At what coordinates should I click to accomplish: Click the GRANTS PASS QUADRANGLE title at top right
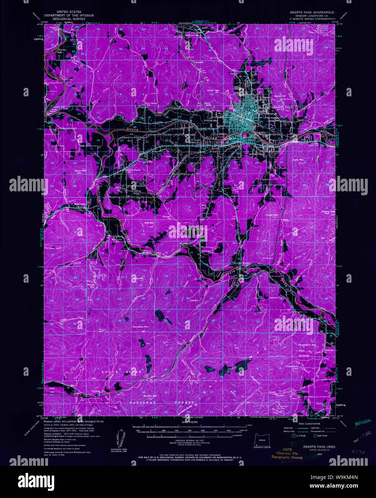click(312, 12)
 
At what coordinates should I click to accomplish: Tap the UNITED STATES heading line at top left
click(69, 12)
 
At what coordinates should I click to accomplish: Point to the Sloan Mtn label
click(81, 171)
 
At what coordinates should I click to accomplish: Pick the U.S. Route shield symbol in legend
click(293, 436)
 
